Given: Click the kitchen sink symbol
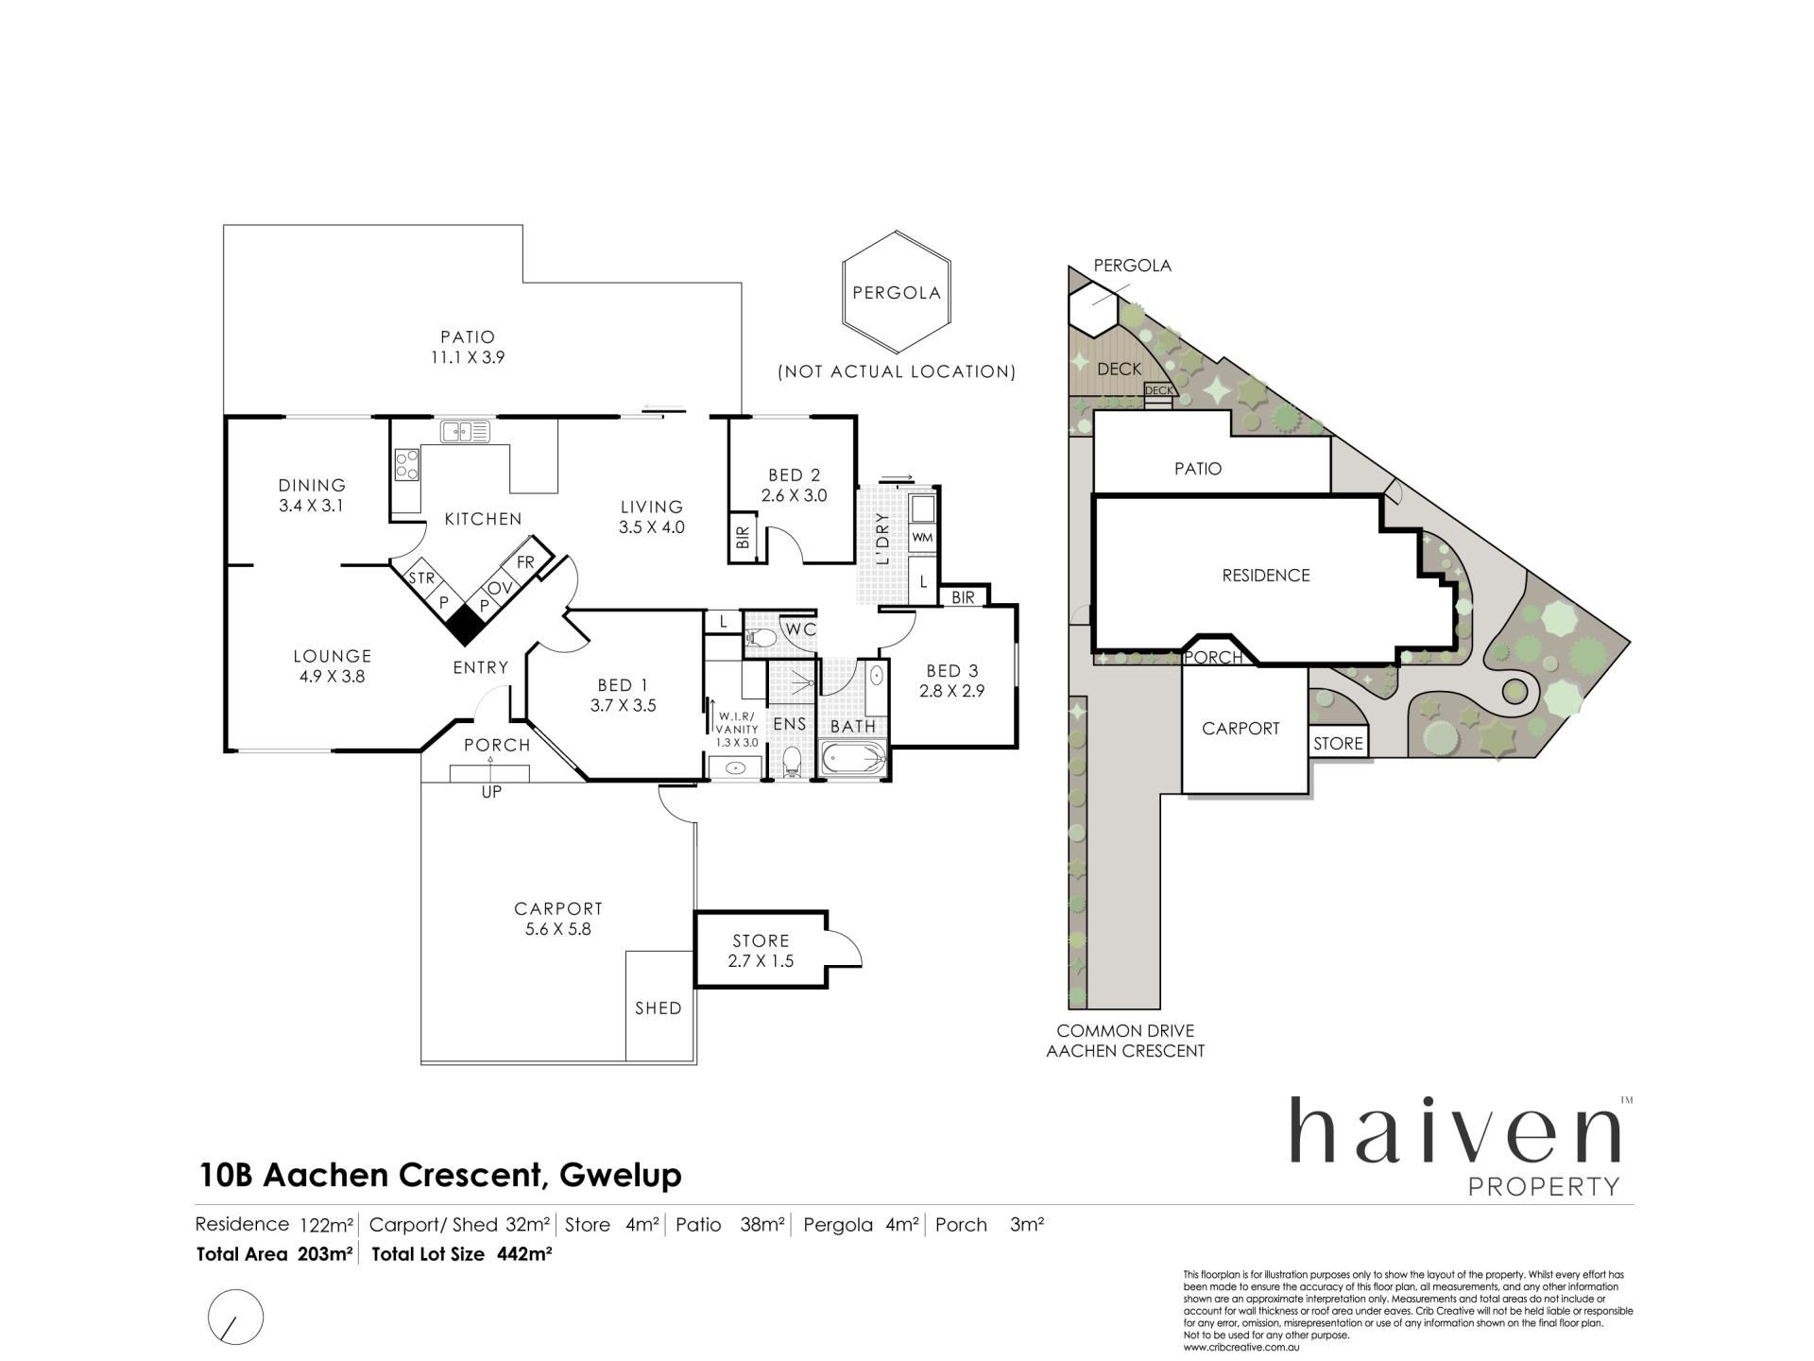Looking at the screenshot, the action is pos(465,432).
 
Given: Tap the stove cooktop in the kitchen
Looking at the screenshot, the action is pos(407,465).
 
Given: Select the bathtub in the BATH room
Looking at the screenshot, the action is pos(854,758).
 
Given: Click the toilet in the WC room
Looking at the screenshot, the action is pos(762,639).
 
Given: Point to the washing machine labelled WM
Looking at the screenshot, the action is pos(922,538).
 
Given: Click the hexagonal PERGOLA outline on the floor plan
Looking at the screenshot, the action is pos(897,292).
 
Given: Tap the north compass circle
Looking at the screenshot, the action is pos(235,1317).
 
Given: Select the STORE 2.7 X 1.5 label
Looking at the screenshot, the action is pos(761,951).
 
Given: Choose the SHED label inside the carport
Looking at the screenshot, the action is pos(659,1008).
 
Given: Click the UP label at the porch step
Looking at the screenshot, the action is pos(491,792).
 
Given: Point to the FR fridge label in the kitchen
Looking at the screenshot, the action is pos(525,562).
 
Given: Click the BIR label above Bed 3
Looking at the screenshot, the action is pos(963,597).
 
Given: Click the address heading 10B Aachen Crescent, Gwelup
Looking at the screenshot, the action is pos(440,1175).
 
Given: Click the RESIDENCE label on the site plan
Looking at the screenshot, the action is pos(1266,575).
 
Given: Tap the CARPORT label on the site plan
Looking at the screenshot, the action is pos(1241,728).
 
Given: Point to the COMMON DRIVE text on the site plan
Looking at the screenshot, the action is pos(1125,1030).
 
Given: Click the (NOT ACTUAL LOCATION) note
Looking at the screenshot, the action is pos(897,371).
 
